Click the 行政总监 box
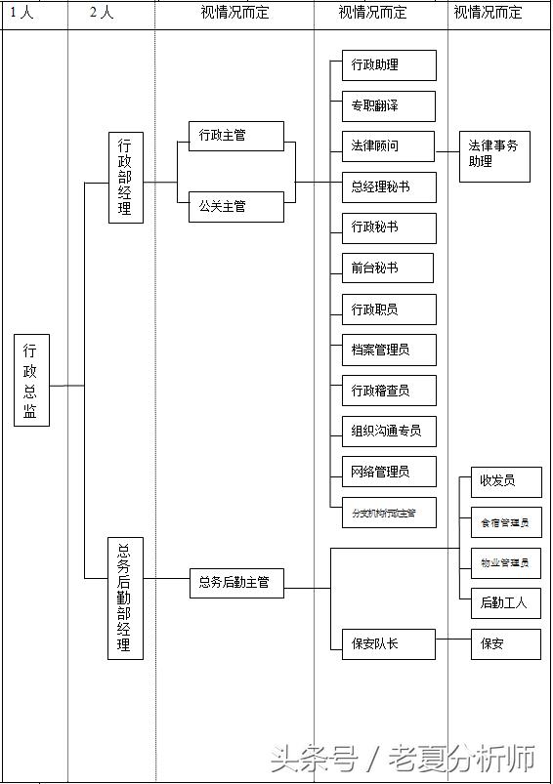click(31, 380)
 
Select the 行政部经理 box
click(126, 177)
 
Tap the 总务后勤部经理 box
click(125, 598)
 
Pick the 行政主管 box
click(235, 136)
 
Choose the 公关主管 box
click(235, 206)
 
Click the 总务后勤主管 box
click(235, 583)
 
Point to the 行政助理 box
click(388, 65)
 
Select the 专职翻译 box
click(388, 105)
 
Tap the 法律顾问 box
click(388, 146)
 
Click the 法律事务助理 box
click(494, 154)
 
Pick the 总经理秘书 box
click(388, 186)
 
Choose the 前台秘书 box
click(388, 268)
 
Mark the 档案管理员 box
click(388, 350)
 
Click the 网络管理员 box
click(388, 472)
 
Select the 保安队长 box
click(388, 643)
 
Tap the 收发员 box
click(505, 481)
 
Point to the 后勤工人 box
click(505, 602)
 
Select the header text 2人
click(102, 14)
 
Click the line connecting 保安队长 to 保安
click(452, 641)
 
